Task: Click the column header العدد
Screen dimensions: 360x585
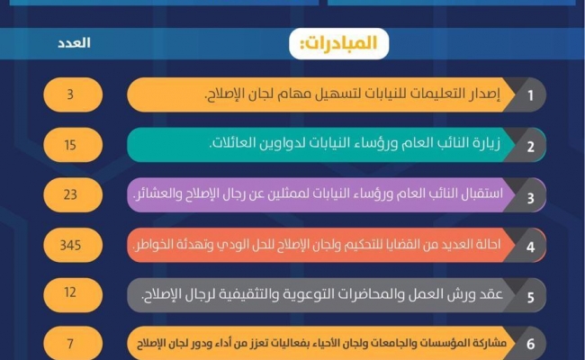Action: click(x=74, y=41)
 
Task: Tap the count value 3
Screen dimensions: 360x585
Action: click(x=73, y=94)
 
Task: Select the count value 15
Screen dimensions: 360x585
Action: click(x=73, y=144)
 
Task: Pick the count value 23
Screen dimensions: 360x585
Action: click(x=73, y=193)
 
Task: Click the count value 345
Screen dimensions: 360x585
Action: click(x=73, y=244)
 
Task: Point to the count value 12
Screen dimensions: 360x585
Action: click(x=73, y=293)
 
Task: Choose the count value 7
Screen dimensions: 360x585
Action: click(x=73, y=344)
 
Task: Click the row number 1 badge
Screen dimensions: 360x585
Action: click(x=530, y=94)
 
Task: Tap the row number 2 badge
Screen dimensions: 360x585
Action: click(x=530, y=145)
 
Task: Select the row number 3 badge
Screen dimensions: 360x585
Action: click(x=530, y=194)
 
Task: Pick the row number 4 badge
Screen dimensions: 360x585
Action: click(x=530, y=245)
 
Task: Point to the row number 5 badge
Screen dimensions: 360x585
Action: click(x=530, y=294)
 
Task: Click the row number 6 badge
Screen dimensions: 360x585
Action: click(x=530, y=344)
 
